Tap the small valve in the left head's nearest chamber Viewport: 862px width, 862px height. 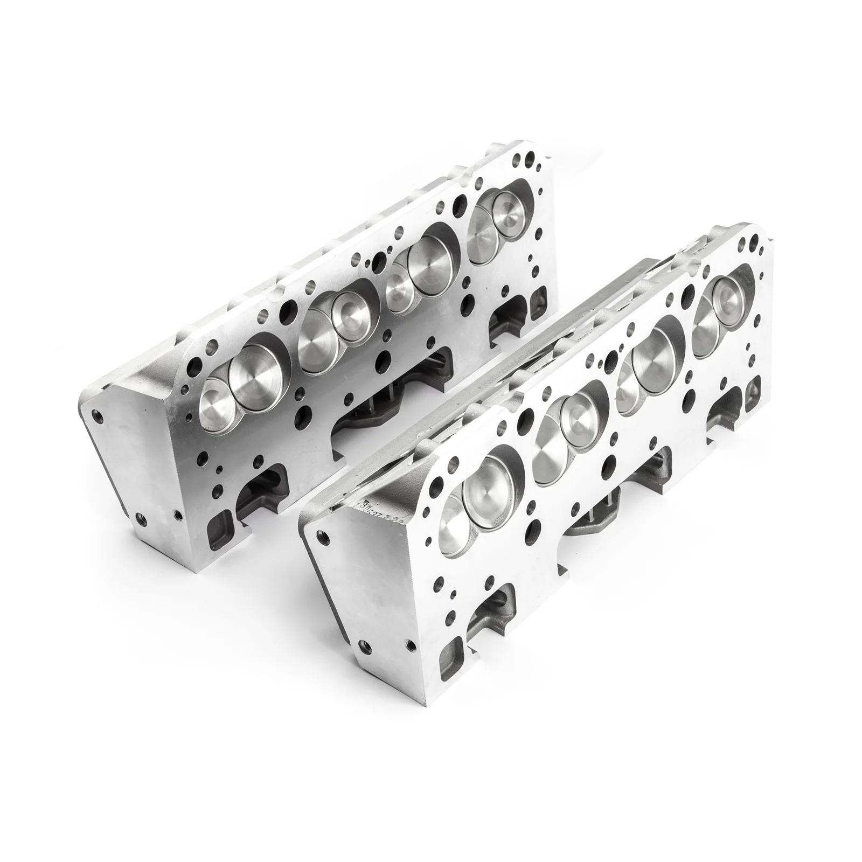(x=216, y=398)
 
